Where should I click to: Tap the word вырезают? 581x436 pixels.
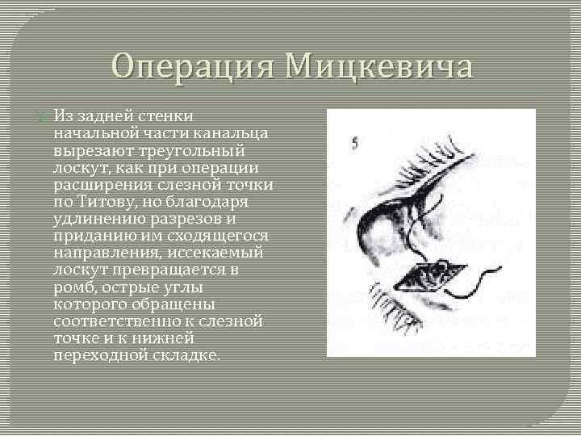[90, 152]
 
